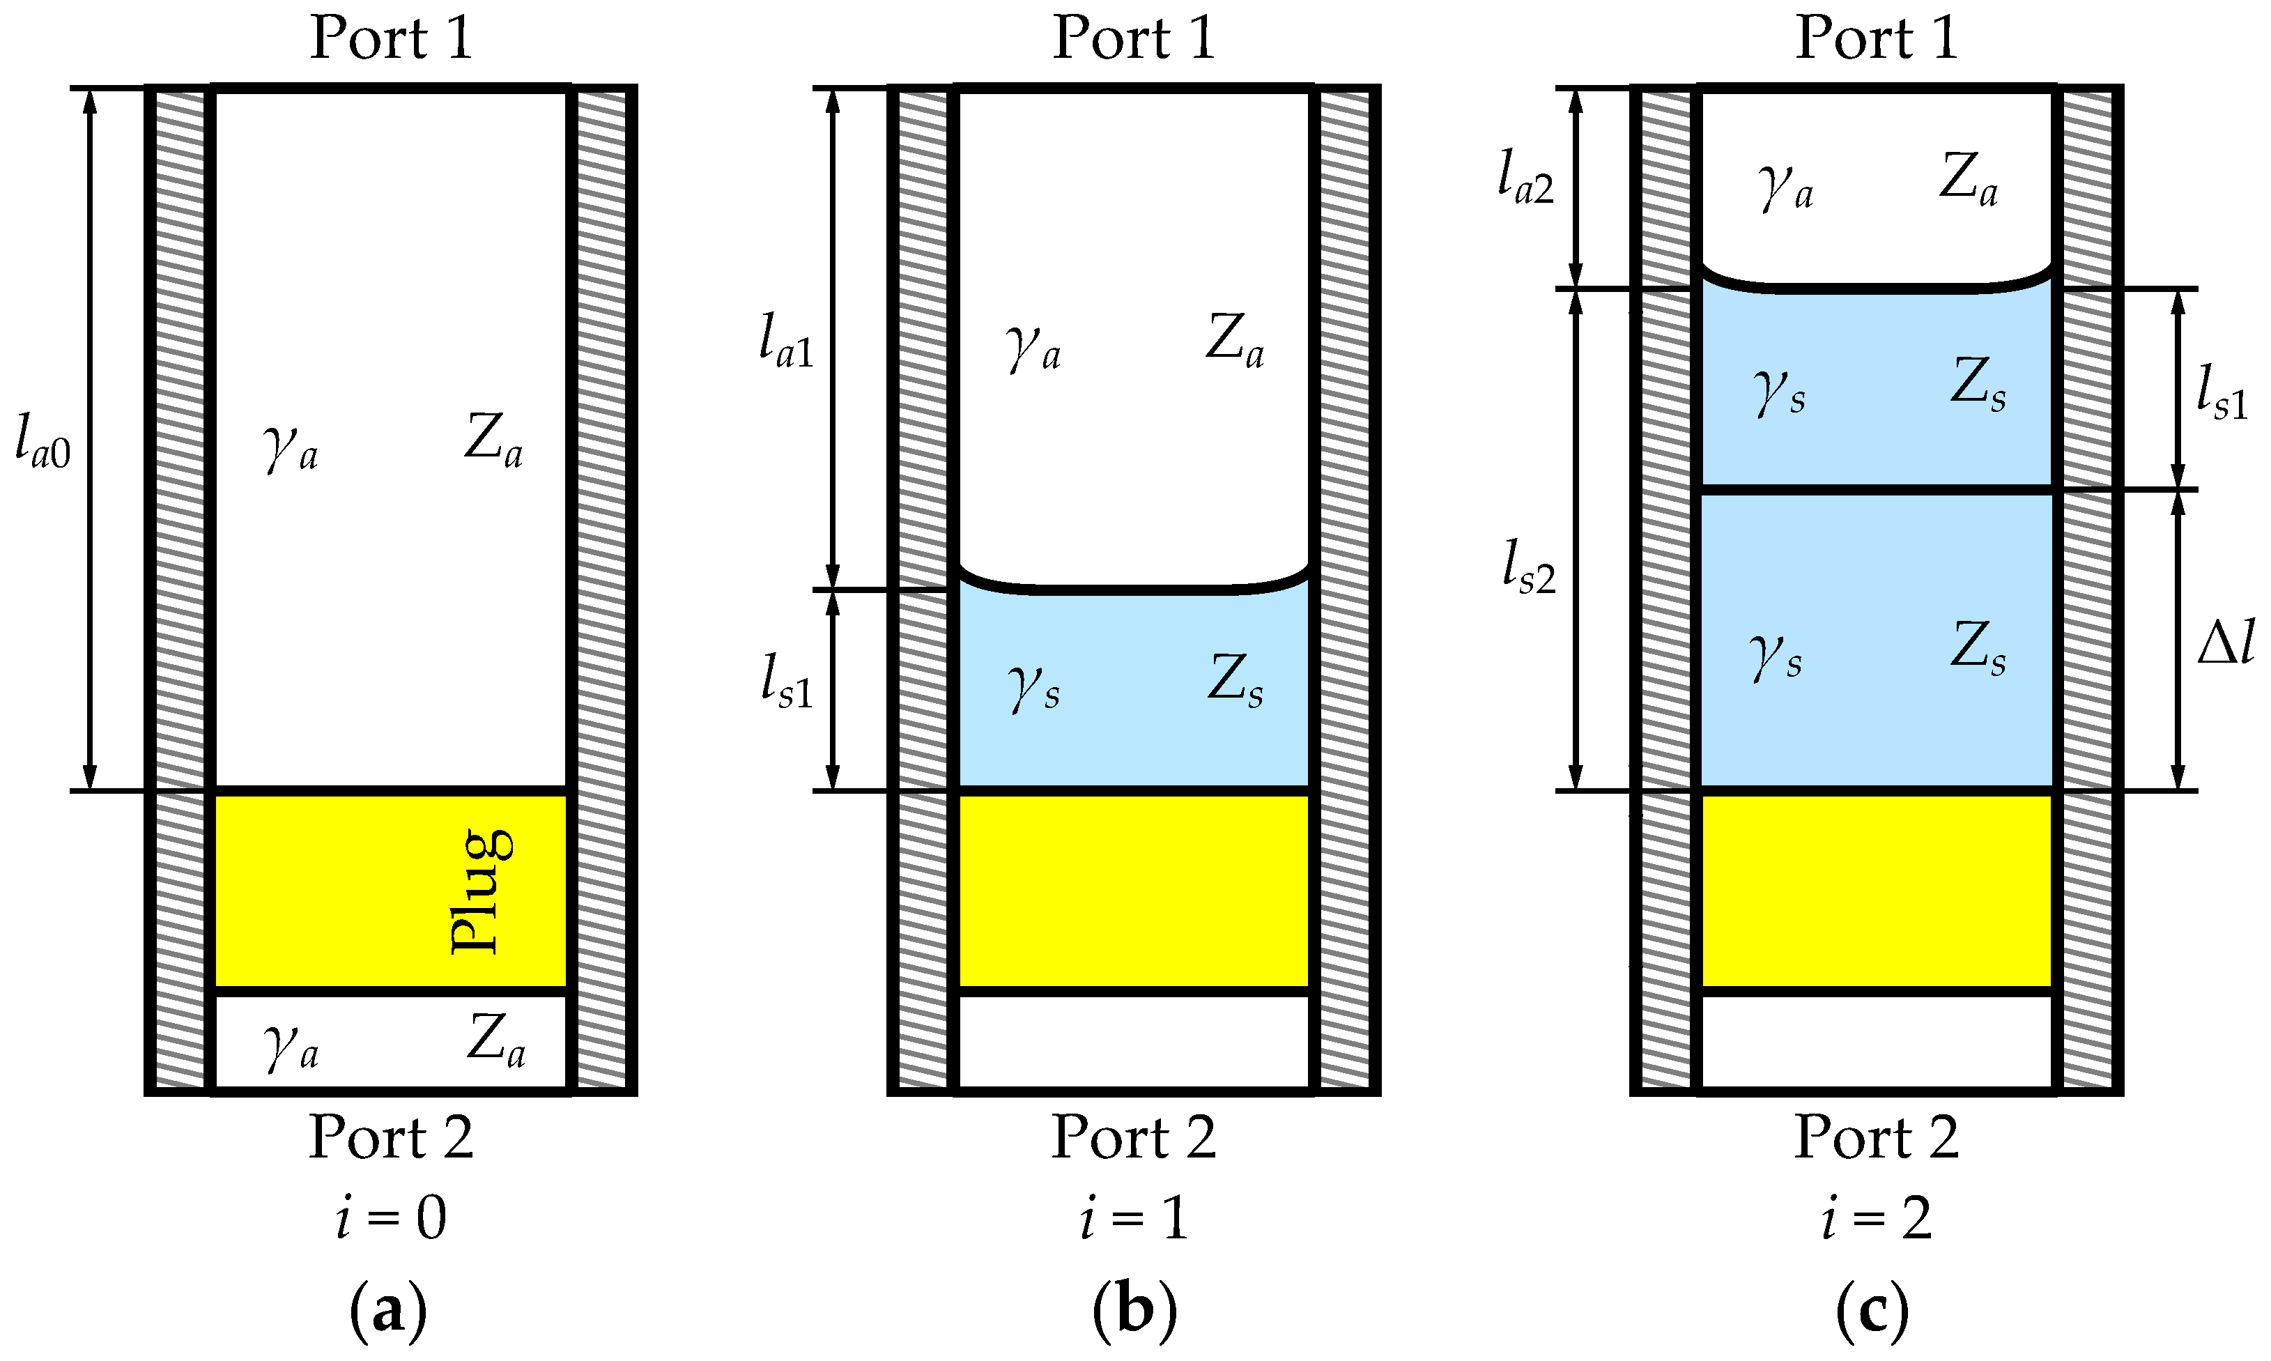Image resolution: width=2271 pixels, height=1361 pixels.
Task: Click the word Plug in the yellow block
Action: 482,891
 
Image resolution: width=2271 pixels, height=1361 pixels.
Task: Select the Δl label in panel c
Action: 2225,642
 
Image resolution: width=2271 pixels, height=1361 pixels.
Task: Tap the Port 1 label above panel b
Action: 1134,38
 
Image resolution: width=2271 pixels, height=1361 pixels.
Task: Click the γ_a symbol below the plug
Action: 291,1045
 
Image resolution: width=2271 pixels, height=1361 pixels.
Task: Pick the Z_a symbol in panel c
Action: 1968,179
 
